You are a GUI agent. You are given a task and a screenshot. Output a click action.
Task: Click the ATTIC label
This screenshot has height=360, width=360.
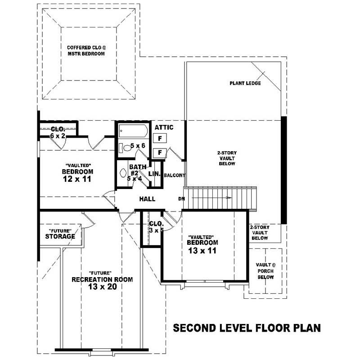(x=164, y=127)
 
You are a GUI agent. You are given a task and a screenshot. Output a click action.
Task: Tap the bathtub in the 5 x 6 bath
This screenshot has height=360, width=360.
(x=133, y=131)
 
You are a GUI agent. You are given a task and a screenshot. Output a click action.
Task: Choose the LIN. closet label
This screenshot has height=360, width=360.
(x=154, y=174)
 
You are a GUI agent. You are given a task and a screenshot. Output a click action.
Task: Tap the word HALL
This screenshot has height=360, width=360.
(x=147, y=198)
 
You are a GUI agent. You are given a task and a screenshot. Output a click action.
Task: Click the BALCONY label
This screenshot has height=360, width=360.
(x=175, y=175)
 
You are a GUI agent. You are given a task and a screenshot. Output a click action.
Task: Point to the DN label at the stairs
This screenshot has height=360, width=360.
(x=181, y=198)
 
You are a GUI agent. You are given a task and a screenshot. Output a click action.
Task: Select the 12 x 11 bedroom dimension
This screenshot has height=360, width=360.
(x=77, y=179)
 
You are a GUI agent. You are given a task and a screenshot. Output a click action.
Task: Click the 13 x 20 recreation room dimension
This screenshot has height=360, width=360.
(x=102, y=287)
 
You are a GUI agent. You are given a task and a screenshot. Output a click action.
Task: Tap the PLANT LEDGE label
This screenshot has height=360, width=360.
(x=245, y=83)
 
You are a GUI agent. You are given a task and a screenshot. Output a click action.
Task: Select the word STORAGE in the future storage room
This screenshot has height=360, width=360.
(x=60, y=236)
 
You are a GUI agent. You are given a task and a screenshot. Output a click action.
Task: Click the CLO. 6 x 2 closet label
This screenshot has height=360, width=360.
(x=58, y=132)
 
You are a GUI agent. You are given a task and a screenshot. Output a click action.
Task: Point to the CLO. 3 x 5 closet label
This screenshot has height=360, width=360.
(x=156, y=226)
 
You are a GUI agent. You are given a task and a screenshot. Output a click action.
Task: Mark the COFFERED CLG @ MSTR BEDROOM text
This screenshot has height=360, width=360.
(x=86, y=50)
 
